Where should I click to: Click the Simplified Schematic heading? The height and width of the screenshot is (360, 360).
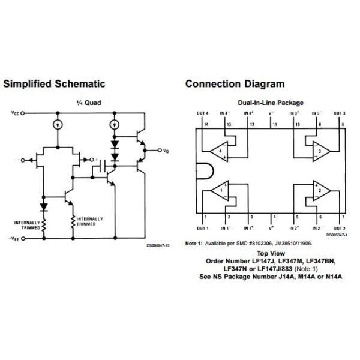point(54,84)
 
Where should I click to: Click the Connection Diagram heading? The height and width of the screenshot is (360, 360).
point(235,84)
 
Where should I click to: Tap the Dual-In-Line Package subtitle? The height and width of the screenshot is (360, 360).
point(271,103)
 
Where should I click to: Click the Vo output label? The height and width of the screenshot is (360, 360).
point(166,151)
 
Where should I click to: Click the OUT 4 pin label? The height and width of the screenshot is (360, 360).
point(203,113)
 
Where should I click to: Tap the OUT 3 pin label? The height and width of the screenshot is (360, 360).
point(340,113)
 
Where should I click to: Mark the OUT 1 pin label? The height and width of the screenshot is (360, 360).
point(203,229)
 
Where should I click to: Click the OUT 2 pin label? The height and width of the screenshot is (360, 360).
point(340,229)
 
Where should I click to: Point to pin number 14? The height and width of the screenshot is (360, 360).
point(205,124)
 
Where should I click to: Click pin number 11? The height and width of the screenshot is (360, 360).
point(274,124)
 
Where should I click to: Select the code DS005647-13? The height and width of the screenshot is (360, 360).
point(158,245)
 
